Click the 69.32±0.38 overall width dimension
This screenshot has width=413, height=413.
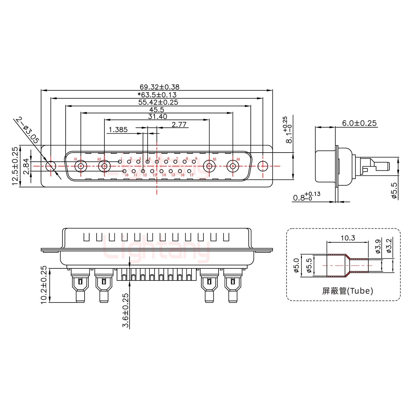click(x=159, y=87)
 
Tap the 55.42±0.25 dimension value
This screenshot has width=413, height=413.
click(x=158, y=102)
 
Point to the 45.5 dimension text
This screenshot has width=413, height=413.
click(x=156, y=110)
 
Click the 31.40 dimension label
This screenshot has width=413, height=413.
click(x=157, y=116)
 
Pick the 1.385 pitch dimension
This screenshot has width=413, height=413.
click(x=118, y=130)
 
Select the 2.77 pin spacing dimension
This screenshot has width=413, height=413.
click(x=179, y=124)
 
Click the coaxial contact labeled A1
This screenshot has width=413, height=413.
click(x=81, y=166)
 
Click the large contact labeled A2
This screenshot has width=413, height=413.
click(x=104, y=166)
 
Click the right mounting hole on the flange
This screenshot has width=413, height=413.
click(x=262, y=166)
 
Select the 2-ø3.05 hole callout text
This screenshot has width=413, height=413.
click(x=27, y=130)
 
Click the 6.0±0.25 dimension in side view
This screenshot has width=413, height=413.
click(x=359, y=123)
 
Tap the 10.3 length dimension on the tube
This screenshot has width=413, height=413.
click(x=348, y=238)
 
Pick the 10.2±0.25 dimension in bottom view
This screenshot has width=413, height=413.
click(x=44, y=285)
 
